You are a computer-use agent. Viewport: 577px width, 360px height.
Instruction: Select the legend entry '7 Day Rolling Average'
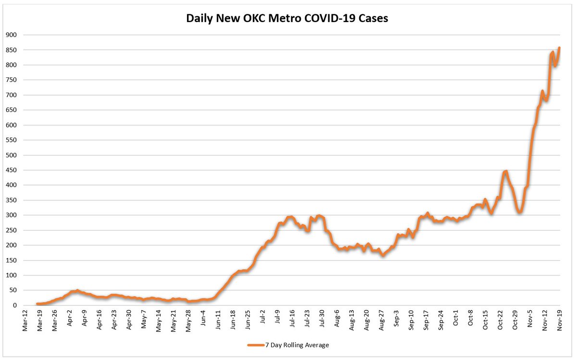pos(288,345)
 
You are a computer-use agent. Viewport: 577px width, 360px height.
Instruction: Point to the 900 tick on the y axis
pos(11,35)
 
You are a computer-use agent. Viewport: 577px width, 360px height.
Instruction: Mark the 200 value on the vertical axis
pos(11,245)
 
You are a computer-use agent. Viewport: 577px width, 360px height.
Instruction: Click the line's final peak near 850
pos(559,48)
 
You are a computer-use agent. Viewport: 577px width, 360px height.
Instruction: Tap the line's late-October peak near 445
pos(505,172)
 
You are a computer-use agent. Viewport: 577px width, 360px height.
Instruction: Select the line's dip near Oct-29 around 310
pos(519,212)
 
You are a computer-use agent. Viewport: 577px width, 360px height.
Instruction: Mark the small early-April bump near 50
pos(77,291)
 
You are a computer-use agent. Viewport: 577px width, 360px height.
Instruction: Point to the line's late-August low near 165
pos(383,255)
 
